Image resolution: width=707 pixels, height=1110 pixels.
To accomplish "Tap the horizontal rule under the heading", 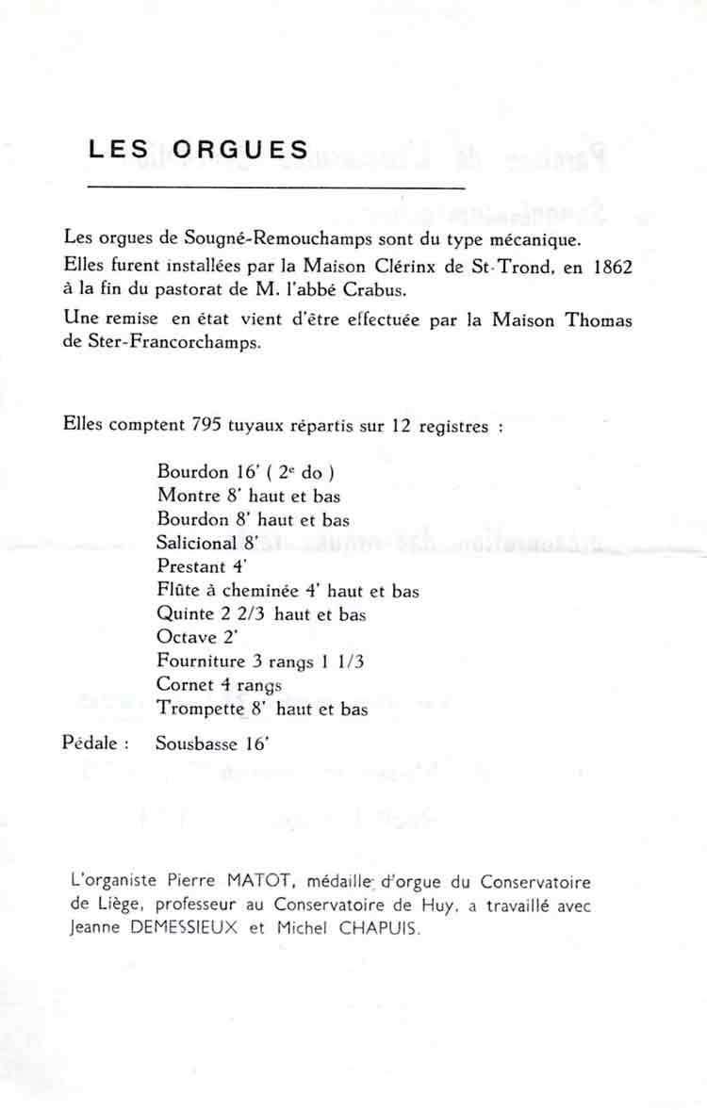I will pos(275,188).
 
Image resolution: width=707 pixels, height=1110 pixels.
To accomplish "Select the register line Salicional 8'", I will pos(207,543).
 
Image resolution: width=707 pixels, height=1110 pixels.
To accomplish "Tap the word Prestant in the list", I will pos(191,567).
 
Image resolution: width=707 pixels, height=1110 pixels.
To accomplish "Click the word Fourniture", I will pos(201,661).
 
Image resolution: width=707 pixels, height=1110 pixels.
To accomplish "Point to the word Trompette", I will pos(196,709).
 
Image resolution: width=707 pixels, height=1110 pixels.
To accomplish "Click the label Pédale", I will pos(95,743).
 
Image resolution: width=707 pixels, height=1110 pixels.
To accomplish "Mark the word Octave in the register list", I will pos(185,638).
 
